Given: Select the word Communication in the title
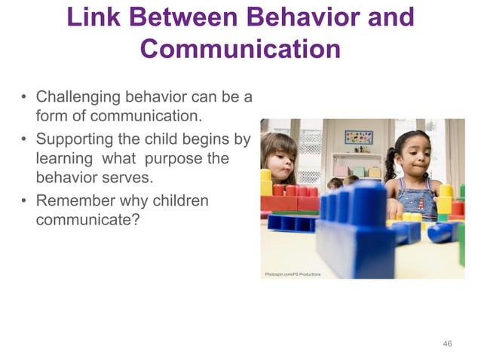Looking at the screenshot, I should (240, 49).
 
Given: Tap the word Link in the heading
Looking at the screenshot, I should (97, 17).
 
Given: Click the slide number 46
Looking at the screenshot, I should (447, 343).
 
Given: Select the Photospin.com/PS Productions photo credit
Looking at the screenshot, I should (293, 274).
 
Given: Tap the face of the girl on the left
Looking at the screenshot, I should (280, 157).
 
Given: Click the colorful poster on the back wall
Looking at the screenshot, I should (358, 137).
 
